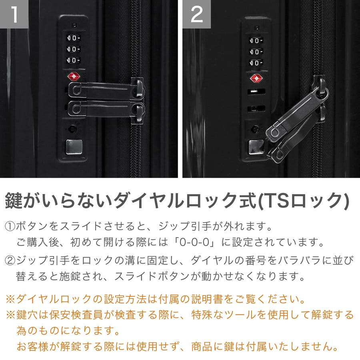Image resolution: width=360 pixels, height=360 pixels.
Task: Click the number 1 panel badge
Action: pyautogui.click(x=14, y=14)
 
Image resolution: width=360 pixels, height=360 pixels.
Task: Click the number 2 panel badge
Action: pyautogui.click(x=196, y=14)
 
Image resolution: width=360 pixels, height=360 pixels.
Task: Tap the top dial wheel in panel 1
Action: pyautogui.click(x=73, y=38)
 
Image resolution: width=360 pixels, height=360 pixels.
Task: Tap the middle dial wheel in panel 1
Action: pyautogui.click(x=73, y=49)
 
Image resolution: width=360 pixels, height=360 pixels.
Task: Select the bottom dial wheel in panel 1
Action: pyautogui.click(x=73, y=60)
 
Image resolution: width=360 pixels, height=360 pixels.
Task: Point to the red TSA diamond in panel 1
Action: pyautogui.click(x=74, y=76)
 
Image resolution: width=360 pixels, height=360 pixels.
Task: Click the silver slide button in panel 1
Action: pyautogui.click(x=74, y=147)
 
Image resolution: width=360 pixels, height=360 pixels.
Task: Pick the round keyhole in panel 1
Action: pyautogui.click(x=72, y=129)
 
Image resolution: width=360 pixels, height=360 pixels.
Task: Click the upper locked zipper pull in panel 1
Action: pyautogui.click(x=106, y=88)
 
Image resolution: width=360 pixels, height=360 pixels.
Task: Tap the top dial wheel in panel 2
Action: pyautogui.click(x=256, y=41)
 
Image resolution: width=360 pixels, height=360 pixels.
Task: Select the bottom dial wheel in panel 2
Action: pyautogui.click(x=256, y=63)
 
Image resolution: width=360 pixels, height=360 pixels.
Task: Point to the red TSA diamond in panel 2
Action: pyautogui.click(x=256, y=78)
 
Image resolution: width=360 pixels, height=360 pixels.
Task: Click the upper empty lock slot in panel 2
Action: pyautogui.click(x=256, y=91)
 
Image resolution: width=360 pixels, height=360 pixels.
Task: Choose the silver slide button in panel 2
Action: pyautogui.click(x=256, y=147)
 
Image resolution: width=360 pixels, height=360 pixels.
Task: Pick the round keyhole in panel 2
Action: pyautogui.click(x=255, y=129)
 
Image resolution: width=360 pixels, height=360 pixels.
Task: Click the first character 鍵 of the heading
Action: pyautogui.click(x=14, y=201)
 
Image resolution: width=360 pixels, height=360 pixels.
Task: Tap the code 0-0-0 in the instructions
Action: pyautogui.click(x=194, y=242)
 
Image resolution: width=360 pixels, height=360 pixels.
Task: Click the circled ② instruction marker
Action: pyautogui.click(x=10, y=261)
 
